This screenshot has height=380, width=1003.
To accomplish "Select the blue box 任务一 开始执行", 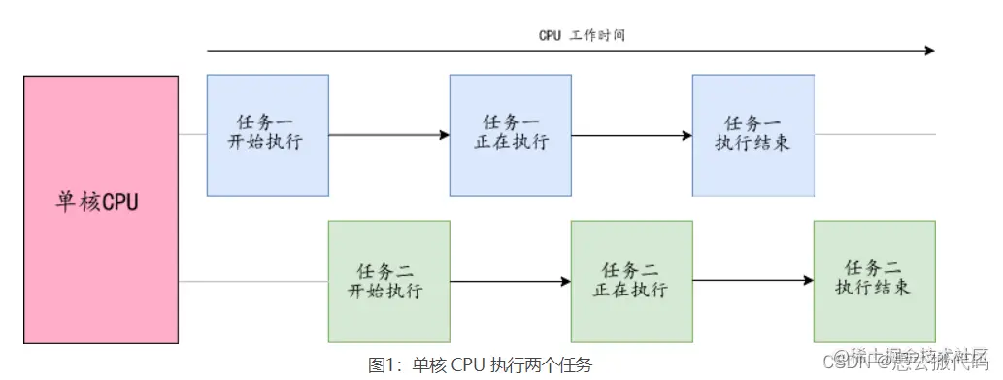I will [x=268, y=135].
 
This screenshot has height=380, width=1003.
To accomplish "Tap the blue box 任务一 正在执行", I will [x=510, y=135].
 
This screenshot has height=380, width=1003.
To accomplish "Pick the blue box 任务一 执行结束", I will [x=752, y=135].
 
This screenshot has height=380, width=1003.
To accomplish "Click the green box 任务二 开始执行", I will [x=388, y=281].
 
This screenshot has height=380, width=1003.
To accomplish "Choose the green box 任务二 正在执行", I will [x=631, y=281].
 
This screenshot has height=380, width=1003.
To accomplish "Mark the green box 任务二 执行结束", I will [x=874, y=281].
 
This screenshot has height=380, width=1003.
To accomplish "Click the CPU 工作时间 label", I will [x=582, y=35].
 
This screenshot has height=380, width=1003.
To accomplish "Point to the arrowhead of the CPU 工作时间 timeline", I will [x=929, y=51].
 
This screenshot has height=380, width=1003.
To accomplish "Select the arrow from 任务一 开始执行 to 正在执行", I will [x=388, y=135].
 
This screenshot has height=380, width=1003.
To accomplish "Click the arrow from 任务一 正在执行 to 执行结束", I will [x=631, y=135].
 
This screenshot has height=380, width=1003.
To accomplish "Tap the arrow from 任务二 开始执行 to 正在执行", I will [x=510, y=282].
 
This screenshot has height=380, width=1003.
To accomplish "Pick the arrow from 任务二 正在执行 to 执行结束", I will [x=752, y=282].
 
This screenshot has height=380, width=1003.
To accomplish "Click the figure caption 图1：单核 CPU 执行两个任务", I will [x=480, y=364].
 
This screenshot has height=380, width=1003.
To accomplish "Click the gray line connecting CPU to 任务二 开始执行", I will [x=252, y=282].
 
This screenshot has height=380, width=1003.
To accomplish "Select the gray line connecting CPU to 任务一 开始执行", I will [x=192, y=135].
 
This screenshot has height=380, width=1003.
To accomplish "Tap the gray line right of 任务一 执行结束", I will [x=874, y=135].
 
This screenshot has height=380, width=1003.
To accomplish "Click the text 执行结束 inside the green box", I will [x=874, y=290].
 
